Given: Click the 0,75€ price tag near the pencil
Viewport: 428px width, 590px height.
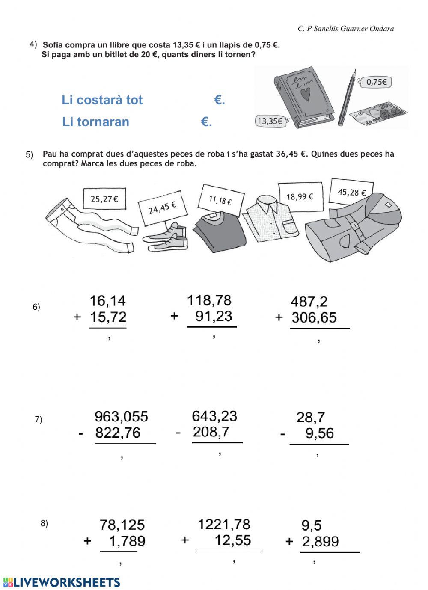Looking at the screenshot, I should tap(377, 82).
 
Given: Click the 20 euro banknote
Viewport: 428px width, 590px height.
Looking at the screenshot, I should tap(378, 113).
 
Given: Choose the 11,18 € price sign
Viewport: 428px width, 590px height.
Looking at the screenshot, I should tap(221, 199).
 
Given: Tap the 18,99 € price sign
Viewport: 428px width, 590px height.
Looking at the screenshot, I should tap(300, 196).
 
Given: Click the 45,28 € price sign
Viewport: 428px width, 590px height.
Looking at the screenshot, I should tap(351, 192).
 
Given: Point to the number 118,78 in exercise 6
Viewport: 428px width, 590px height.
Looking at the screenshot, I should tap(209, 300).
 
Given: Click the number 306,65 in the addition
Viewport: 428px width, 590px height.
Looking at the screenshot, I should tap(314, 317).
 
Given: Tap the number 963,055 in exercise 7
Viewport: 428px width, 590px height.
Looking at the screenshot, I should tap(121, 416).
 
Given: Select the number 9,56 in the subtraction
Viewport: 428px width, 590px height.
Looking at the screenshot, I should tap(319, 433).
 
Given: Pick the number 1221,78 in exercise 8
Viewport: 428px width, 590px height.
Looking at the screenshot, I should tap(224, 525).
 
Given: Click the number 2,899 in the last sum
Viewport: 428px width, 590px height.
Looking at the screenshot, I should tap(320, 542).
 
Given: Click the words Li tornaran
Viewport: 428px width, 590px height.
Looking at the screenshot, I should tap(96, 122).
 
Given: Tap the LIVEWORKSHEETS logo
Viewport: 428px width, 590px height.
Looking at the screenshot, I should tap(62, 582).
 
